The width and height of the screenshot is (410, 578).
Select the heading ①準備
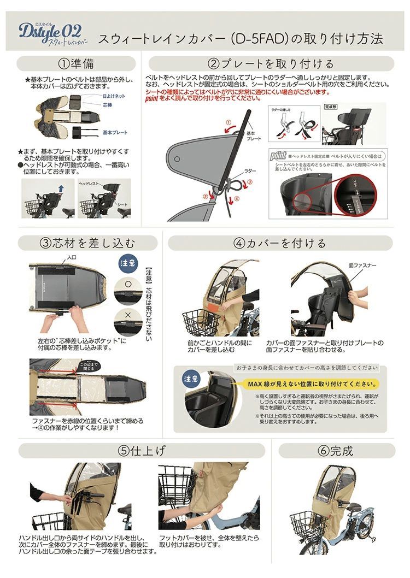tap(76, 64)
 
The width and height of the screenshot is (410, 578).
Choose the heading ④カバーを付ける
tap(279, 243)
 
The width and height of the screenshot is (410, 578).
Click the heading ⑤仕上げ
tap(142, 451)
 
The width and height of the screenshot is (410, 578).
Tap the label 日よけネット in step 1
tap(114, 96)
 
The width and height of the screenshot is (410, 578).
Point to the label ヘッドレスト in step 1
tap(90, 184)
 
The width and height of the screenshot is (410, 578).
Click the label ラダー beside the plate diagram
tap(250, 171)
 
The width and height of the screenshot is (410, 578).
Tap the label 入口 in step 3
tap(72, 257)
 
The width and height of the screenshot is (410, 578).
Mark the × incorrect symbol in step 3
tap(127, 316)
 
